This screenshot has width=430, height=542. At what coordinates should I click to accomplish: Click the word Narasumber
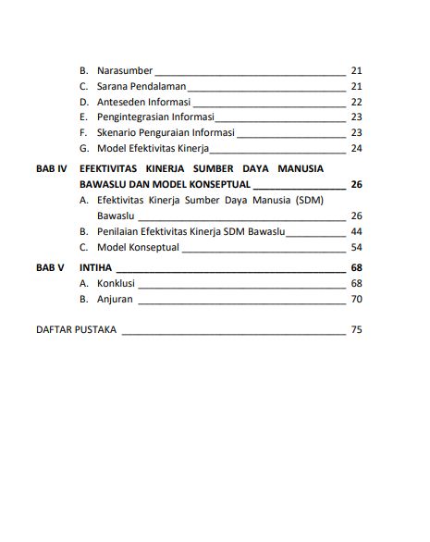point(124,70)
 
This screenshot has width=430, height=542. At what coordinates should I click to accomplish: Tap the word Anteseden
point(120,102)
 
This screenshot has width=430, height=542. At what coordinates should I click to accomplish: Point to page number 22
point(356,102)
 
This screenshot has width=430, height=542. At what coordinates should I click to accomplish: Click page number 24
point(356,149)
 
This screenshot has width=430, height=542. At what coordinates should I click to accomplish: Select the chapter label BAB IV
point(50,170)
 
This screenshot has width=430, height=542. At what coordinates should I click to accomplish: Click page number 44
point(356,231)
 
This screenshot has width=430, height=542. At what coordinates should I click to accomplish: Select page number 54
point(356,247)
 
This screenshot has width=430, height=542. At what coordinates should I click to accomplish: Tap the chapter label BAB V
point(49,267)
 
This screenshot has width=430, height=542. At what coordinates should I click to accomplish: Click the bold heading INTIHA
point(95,267)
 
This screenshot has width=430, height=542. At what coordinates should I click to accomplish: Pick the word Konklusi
point(117,283)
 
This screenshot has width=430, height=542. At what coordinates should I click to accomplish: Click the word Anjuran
point(115,299)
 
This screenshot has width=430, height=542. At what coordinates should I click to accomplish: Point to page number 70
point(356,299)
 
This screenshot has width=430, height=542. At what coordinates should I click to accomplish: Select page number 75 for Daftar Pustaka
point(356,329)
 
